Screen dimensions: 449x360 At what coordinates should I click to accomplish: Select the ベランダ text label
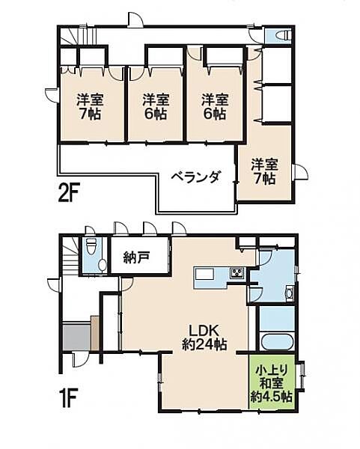pyautogui.click(x=195, y=177)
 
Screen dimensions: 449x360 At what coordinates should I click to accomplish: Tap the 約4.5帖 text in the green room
pyautogui.click(x=273, y=397)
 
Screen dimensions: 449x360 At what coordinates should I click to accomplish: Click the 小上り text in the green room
pyautogui.click(x=272, y=370)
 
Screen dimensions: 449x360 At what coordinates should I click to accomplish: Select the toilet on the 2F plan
pyautogui.click(x=282, y=35)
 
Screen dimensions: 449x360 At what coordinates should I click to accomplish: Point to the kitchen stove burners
pyautogui.click(x=237, y=272)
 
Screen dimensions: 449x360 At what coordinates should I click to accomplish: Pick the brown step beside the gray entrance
pyautogui.click(x=95, y=332)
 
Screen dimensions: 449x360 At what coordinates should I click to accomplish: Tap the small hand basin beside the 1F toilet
pyautogui.click(x=103, y=266)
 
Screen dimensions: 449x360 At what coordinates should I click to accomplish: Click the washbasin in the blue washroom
pyautogui.click(x=288, y=294)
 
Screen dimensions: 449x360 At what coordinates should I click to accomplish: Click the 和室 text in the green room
pyautogui.click(x=272, y=384)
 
